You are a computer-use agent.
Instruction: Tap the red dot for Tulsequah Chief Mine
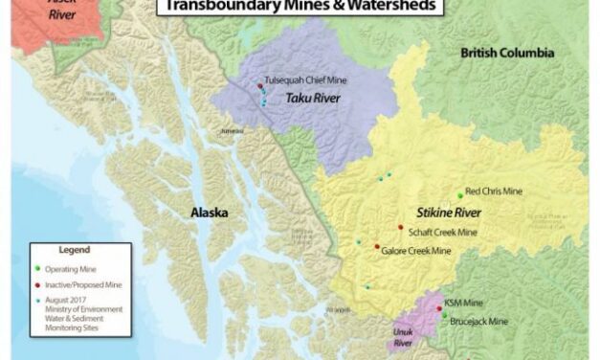[259, 87]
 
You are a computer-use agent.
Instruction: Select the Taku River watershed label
[302, 99]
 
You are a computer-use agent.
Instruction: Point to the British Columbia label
[506, 54]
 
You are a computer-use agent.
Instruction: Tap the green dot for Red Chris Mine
[460, 195]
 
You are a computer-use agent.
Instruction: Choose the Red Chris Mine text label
[495, 191]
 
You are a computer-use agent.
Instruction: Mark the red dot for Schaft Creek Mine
[401, 227]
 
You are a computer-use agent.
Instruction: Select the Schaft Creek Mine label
[443, 232]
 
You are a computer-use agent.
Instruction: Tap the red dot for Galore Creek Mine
[377, 246]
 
